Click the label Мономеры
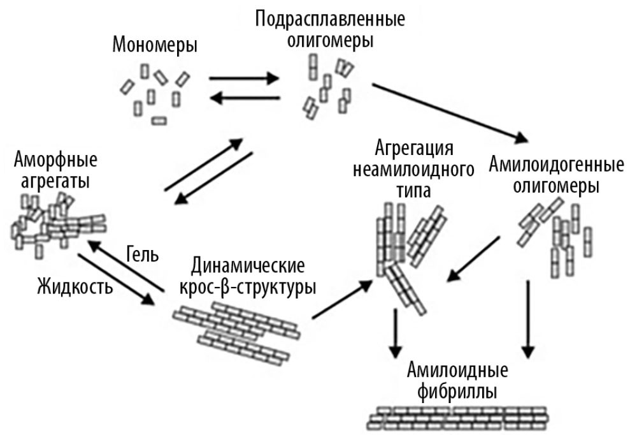click(x=155, y=45)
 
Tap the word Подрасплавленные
click(x=330, y=18)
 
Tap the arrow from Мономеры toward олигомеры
click(x=244, y=78)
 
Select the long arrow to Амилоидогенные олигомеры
click(x=450, y=111)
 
